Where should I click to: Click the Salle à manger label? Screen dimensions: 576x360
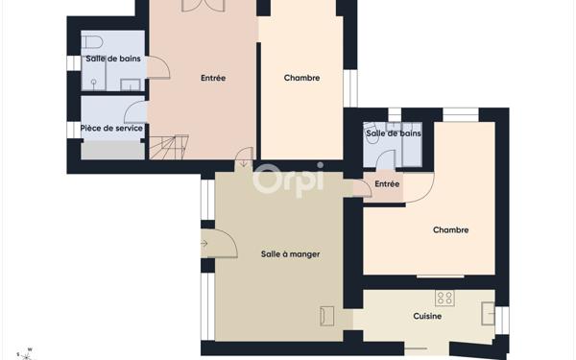pos(290,254)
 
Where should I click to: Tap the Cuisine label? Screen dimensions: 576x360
pos(427,316)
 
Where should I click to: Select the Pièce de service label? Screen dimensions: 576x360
pos(111,129)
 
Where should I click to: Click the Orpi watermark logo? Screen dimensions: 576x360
pos(288,180)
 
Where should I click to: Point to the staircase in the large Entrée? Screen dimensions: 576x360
pos(169,147)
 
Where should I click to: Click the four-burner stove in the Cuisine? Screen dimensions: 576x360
pos(444,298)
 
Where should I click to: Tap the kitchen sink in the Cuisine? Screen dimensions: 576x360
pos(489,313)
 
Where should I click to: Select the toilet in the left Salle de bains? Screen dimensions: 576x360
pos(91,42)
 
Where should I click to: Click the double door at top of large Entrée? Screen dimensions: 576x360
pos(204,6)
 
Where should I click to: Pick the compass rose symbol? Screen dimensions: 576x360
pos(26,354)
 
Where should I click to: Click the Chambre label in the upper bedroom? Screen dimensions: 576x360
pos(302,78)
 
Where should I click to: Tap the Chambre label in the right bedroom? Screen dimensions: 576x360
pos(451,230)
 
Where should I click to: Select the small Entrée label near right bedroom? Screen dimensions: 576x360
pos(387,183)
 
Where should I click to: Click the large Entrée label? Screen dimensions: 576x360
pos(213,78)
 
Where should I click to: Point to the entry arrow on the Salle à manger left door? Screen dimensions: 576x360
pos(204,243)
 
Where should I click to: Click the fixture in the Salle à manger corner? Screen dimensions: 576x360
pos(327,316)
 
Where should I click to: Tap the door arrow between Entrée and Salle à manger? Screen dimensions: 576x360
pos(244,163)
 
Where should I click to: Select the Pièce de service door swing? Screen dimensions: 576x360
pos(136,112)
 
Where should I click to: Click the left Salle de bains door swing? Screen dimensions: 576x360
pos(158,67)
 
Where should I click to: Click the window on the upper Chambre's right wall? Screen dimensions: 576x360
pos(350,88)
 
